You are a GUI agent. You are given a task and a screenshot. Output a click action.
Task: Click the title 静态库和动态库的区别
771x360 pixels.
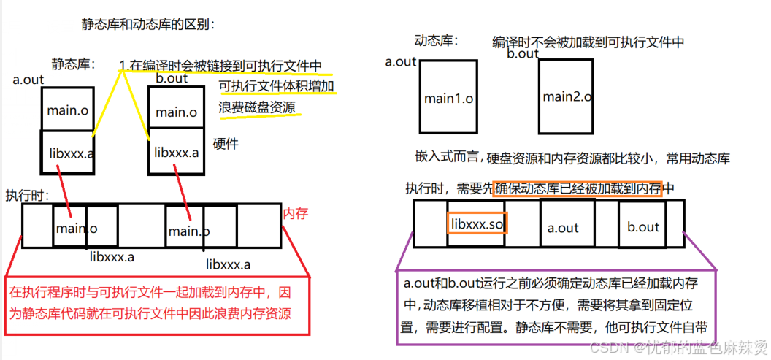coord(147,24)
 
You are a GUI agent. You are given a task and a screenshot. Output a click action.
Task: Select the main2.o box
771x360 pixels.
coord(567,96)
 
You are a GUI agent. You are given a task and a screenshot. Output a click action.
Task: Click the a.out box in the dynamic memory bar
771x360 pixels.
coord(562,227)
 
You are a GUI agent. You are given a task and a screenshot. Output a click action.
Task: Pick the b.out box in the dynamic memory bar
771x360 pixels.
coord(642,227)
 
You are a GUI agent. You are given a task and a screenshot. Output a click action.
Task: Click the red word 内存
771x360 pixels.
coord(296,214)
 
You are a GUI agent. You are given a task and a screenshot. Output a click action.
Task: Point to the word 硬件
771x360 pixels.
coord(226,144)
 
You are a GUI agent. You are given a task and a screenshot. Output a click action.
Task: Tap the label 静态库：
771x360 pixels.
coord(74,65)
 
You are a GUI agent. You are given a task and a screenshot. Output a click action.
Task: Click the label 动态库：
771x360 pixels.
coord(436,40)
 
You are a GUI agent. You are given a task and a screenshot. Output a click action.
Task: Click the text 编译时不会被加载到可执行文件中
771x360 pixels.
coord(588,42)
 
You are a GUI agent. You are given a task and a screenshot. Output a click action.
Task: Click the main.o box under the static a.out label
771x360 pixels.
coord(67,110)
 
